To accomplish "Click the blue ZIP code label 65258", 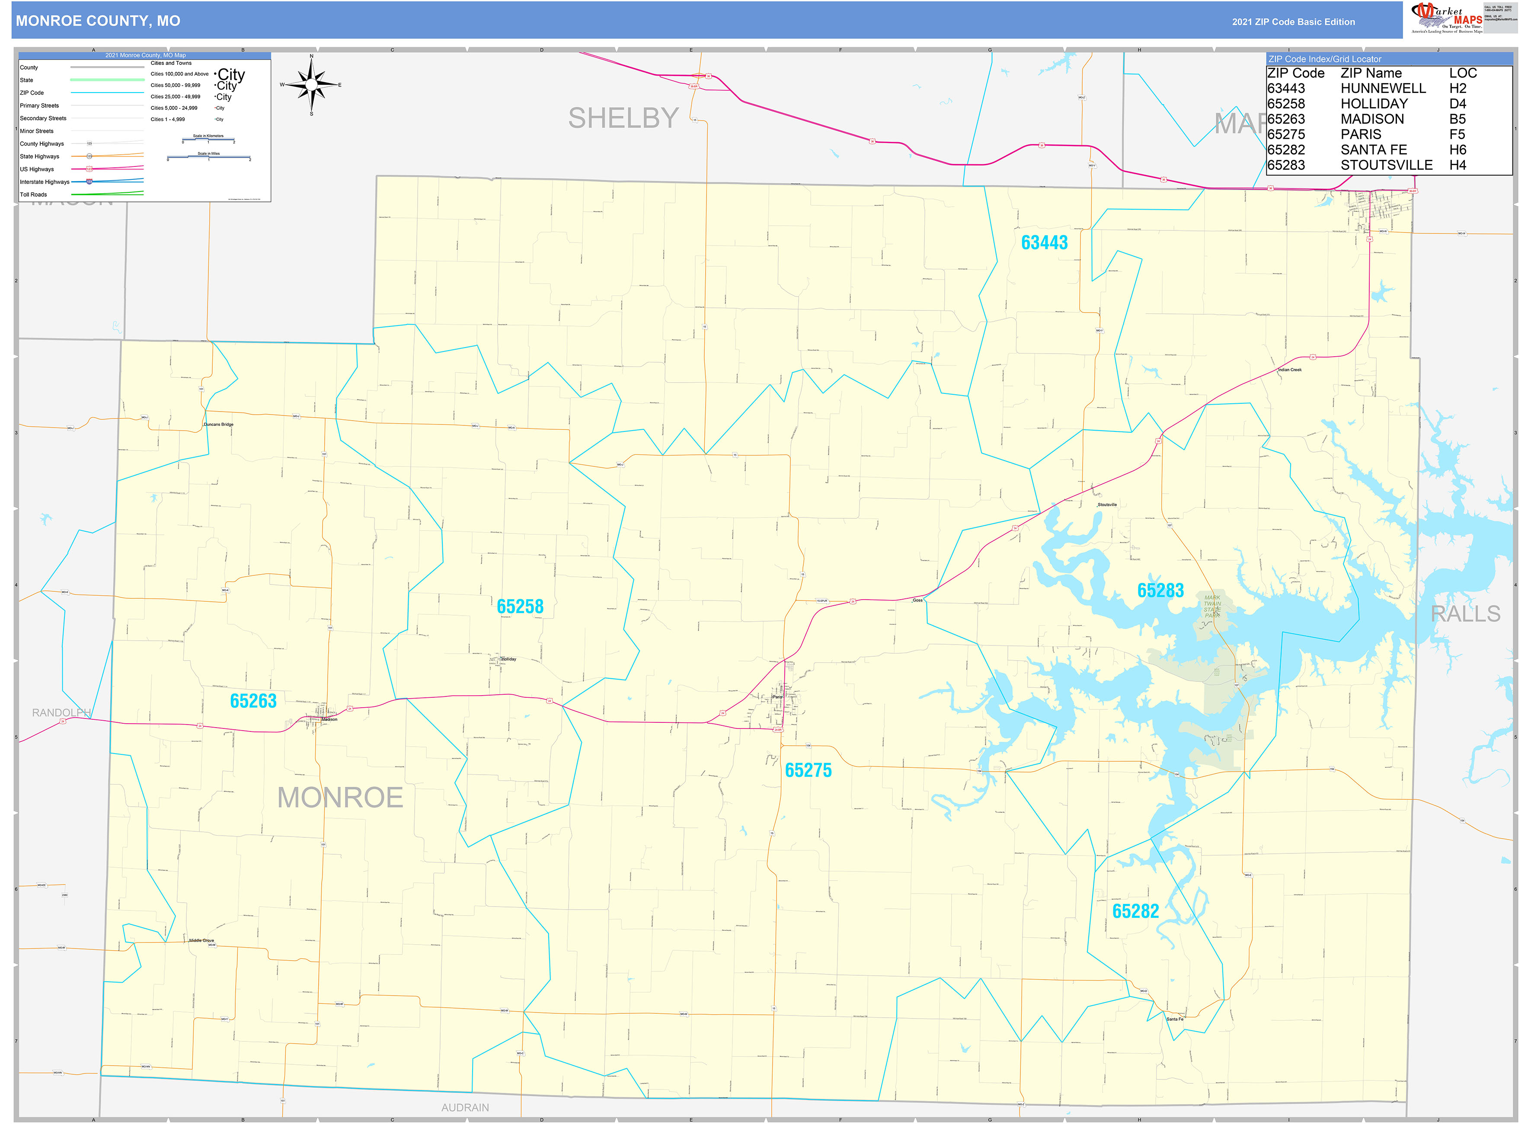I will (x=520, y=607).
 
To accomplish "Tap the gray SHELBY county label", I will (x=623, y=118).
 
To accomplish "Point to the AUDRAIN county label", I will (x=465, y=1108).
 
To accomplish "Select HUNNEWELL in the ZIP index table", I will (x=1383, y=89).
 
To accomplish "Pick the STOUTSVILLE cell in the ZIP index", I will (x=1386, y=165).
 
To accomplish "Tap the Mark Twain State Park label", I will (x=1212, y=606).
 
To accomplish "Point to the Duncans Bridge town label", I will (x=218, y=425).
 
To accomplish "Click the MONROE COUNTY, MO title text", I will (x=98, y=21).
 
